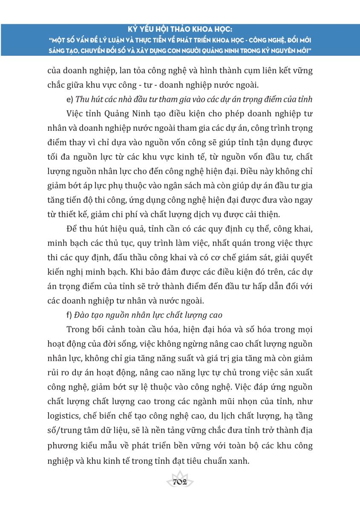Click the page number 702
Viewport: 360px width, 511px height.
tap(181, 482)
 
